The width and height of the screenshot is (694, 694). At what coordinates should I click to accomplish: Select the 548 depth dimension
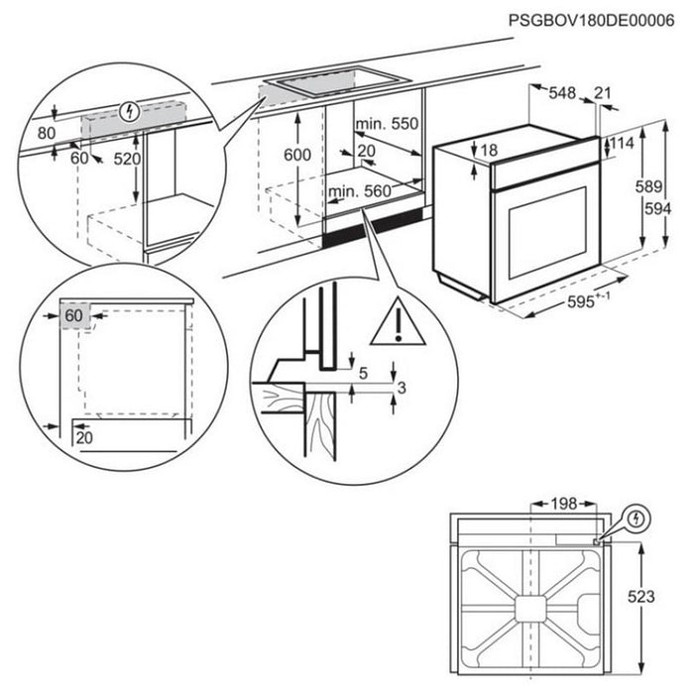[563, 93]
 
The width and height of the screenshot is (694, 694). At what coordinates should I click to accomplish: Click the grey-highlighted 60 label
[72, 316]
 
